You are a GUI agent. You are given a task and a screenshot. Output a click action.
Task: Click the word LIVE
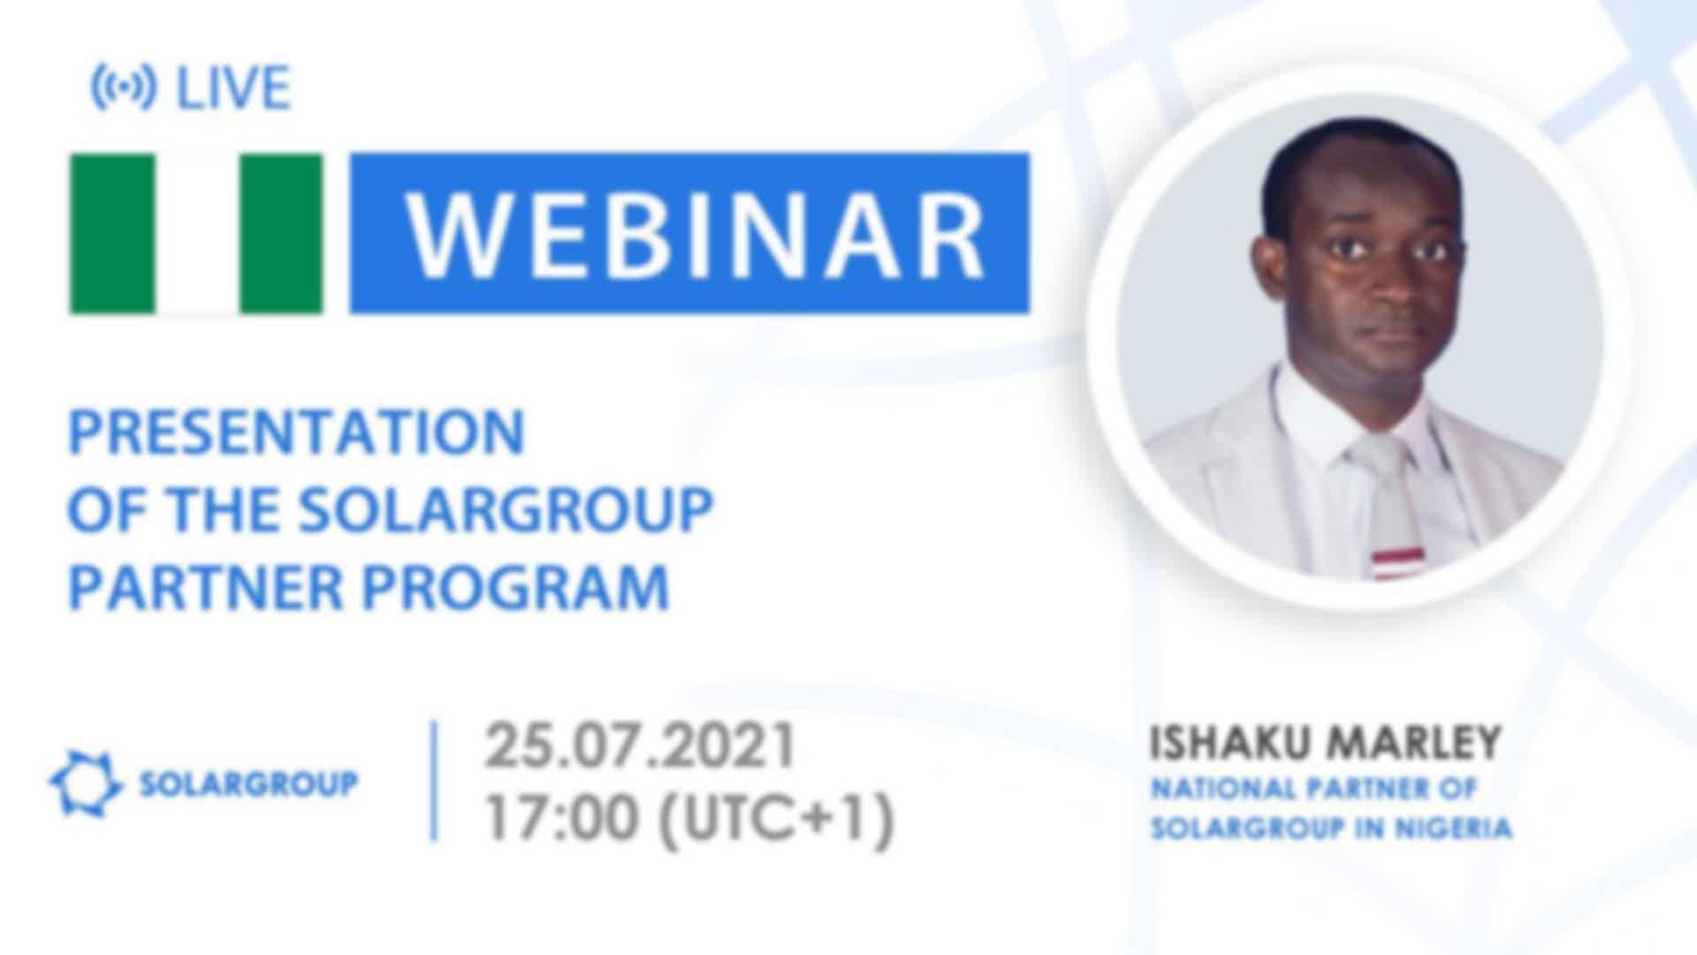pyautogui.click(x=233, y=88)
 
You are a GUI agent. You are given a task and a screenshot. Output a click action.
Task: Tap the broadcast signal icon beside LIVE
pyautogui.click(x=123, y=88)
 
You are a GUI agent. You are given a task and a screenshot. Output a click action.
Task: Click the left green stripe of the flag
pyautogui.click(x=112, y=233)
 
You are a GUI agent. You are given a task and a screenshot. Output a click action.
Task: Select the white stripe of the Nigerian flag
pyautogui.click(x=197, y=233)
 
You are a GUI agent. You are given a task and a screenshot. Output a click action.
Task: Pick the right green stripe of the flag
pyautogui.click(x=281, y=233)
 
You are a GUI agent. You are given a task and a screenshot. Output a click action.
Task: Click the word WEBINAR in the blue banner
pyautogui.click(x=696, y=234)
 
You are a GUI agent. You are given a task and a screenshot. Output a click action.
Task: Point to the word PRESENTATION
pyautogui.click(x=297, y=432)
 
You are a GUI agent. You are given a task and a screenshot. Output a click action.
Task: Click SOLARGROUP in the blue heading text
pyautogui.click(x=506, y=509)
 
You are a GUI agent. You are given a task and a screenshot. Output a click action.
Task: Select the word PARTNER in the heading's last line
pyautogui.click(x=205, y=587)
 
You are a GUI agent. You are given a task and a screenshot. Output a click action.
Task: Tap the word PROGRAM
pyautogui.click(x=516, y=587)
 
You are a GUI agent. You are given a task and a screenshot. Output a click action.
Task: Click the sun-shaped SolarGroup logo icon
pyautogui.click(x=86, y=783)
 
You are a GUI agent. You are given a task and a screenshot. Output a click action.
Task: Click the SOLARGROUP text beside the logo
pyautogui.click(x=249, y=783)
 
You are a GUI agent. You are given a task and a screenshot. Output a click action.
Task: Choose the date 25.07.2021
pyautogui.click(x=641, y=746)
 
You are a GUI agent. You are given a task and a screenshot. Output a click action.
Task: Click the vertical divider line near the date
pyautogui.click(x=434, y=781)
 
